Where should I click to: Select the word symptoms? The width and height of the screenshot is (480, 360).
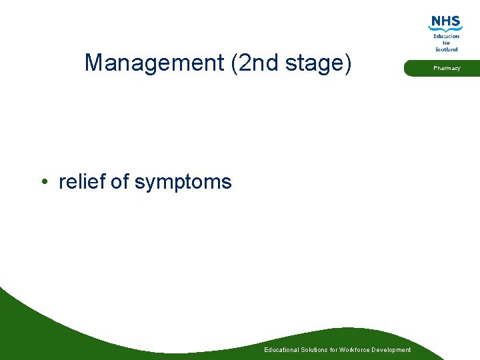coord(183,183)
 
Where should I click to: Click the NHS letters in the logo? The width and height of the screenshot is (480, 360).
coord(446,22)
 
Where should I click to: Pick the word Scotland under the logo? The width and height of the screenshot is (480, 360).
coord(447,49)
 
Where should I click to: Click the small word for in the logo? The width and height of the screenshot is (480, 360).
coord(447,43)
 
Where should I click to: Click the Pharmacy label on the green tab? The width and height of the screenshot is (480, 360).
coord(447,68)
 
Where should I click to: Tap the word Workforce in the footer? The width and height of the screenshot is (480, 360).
coord(355,350)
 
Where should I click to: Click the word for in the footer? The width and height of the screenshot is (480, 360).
coord(333,350)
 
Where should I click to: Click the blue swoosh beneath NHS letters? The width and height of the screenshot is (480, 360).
coord(446,29)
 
